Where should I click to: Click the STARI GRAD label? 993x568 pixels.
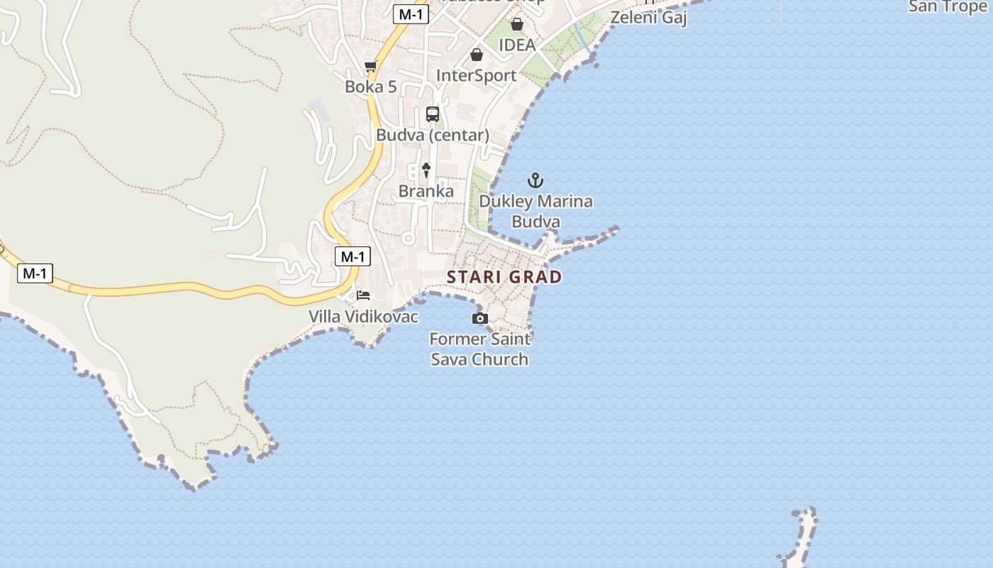point(504,277)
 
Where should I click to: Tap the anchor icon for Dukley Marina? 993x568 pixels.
point(536,180)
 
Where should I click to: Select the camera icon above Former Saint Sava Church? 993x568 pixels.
point(480,318)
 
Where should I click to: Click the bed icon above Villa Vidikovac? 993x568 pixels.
point(363,295)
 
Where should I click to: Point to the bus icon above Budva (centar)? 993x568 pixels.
point(433,114)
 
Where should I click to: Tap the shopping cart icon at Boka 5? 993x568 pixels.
point(370,67)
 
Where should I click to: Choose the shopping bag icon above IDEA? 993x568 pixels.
point(517,25)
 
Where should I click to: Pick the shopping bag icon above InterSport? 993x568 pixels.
point(477,55)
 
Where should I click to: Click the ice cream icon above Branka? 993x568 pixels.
point(426,170)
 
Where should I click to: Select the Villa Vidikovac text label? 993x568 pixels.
point(363,316)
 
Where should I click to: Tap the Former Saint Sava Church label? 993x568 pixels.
point(480,349)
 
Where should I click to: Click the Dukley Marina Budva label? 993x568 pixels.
point(536,211)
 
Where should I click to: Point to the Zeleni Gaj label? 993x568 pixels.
point(648,18)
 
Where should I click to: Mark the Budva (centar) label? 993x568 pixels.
point(433,135)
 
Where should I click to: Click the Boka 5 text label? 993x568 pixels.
point(370,87)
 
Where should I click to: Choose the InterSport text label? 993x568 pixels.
point(477,75)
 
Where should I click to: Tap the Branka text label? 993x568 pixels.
point(426,191)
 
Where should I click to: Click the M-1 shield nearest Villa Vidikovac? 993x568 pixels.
point(353,256)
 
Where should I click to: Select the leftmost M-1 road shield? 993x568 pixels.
point(35,273)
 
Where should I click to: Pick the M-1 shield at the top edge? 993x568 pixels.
point(411,13)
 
